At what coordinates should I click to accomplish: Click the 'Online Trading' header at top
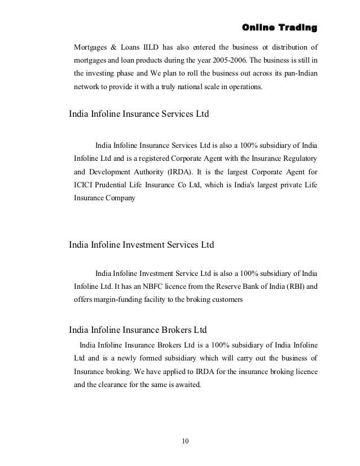tap(279, 27)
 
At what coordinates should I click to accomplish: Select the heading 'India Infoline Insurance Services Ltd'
tap(139, 113)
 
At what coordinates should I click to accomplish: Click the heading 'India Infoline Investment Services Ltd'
tap(142, 245)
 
